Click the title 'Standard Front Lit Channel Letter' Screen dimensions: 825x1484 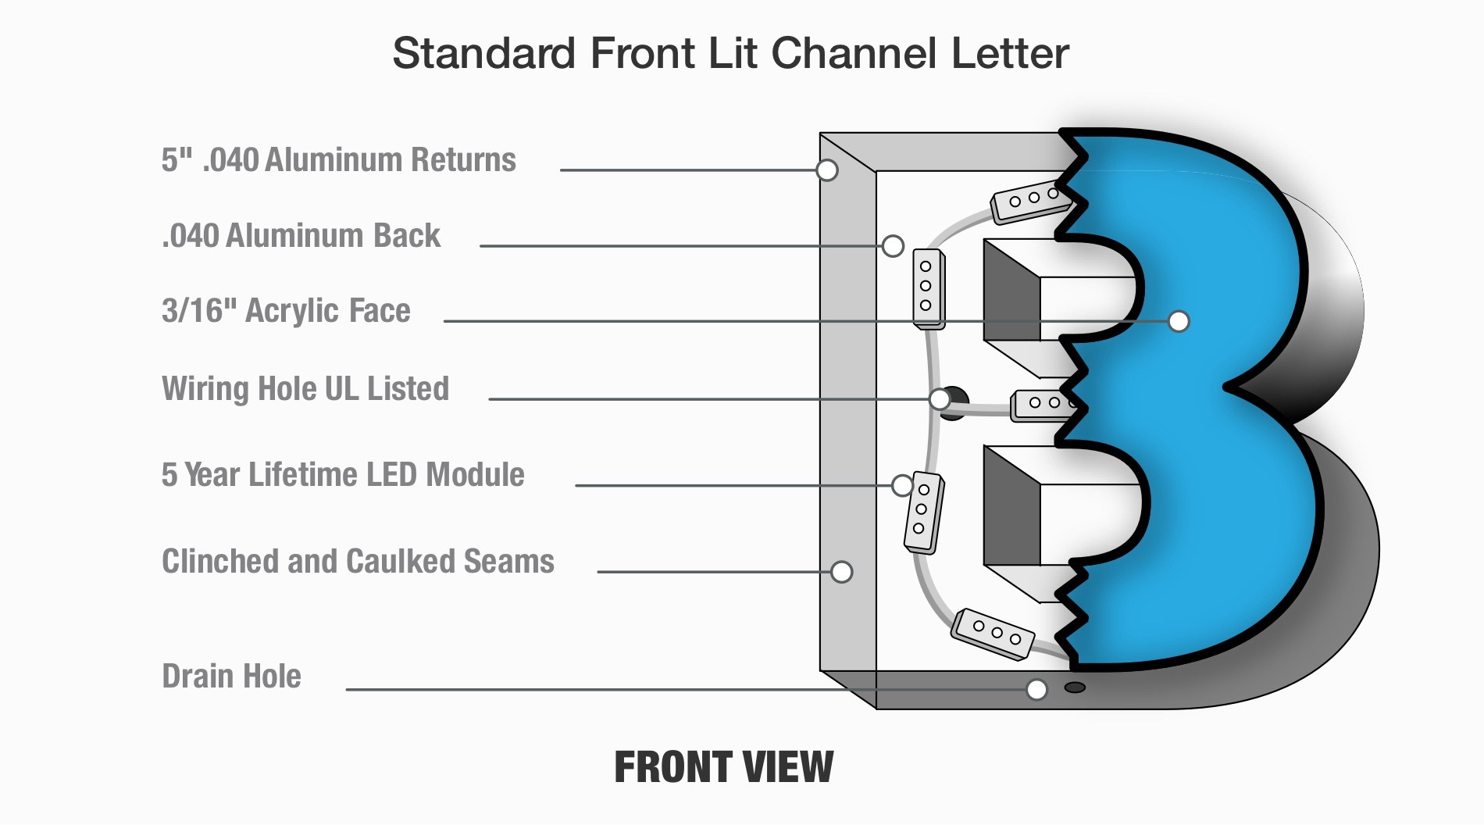click(730, 53)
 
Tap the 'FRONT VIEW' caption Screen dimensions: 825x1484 click(724, 766)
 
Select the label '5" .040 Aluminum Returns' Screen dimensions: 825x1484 click(338, 160)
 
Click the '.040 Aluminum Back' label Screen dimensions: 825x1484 click(301, 236)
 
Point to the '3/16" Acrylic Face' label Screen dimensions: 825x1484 click(286, 311)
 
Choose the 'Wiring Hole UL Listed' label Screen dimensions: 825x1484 click(305, 389)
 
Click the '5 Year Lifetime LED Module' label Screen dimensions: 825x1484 click(343, 475)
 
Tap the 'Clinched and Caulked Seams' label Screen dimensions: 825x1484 click(358, 562)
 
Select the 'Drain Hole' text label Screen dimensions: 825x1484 click(231, 677)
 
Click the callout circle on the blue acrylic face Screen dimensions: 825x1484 click(1179, 321)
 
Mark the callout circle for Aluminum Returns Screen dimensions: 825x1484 click(827, 170)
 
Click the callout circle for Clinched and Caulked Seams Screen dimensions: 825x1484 click(841, 572)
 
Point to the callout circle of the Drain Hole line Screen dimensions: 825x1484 click(1036, 689)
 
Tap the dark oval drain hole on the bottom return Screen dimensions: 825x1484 click(1076, 687)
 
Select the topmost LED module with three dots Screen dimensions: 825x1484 click(1029, 200)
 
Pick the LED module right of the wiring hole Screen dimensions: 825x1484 click(1040, 405)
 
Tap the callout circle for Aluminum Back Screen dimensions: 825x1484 click(893, 246)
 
